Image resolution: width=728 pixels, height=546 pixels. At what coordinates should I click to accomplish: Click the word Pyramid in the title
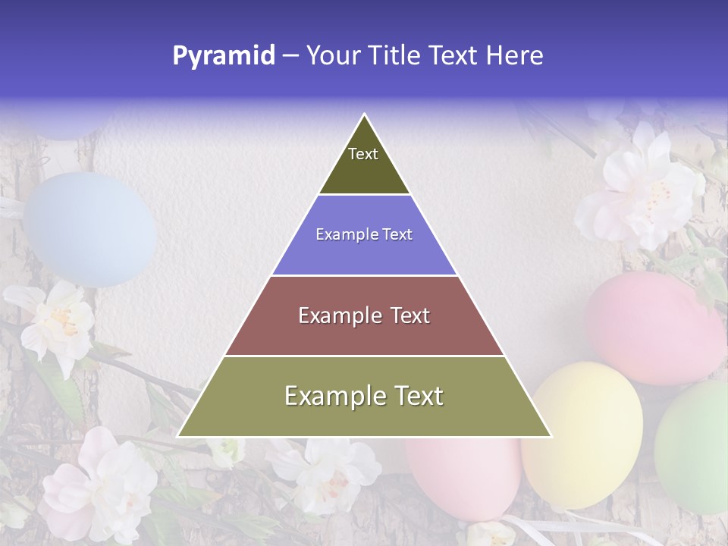(224, 56)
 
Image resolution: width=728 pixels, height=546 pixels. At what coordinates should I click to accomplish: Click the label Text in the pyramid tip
(363, 154)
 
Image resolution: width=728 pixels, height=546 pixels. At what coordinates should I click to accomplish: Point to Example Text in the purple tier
(364, 234)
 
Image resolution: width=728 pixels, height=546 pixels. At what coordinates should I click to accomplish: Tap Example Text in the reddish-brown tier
(364, 315)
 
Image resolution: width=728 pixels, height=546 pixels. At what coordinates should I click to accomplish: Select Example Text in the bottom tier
(364, 396)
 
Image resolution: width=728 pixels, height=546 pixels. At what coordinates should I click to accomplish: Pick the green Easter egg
(694, 447)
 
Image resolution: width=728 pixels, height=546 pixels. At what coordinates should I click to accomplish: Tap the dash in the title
(290, 56)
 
